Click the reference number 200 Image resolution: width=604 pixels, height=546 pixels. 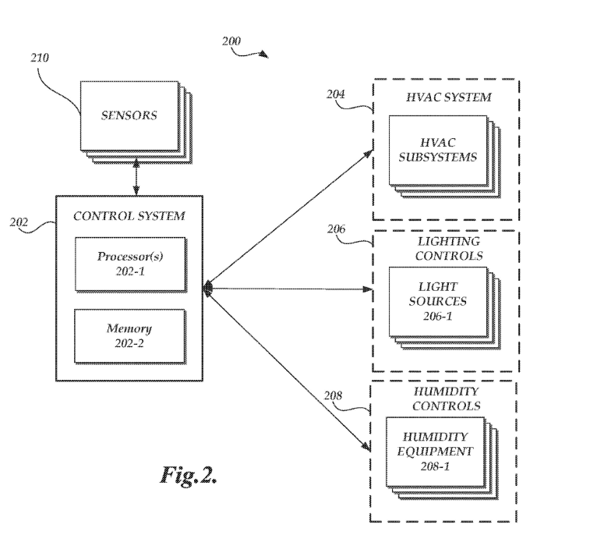tap(231, 41)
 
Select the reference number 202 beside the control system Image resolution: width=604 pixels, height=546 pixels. tap(19, 222)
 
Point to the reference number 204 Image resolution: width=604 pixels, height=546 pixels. tap(335, 94)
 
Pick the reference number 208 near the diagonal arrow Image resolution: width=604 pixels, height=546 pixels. tap(334, 395)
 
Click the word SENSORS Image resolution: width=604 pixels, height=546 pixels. tap(129, 115)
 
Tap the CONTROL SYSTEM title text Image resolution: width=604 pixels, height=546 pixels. tap(129, 216)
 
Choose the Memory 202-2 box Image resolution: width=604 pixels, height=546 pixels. tap(129, 335)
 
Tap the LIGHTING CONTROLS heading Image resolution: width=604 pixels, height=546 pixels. tap(446, 249)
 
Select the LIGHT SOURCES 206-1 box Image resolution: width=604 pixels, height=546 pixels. tap(438, 301)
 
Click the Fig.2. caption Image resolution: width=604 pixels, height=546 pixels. tap(189, 475)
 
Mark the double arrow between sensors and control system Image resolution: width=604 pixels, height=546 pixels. tap(137, 177)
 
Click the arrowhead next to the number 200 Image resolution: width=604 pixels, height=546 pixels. tap(264, 55)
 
